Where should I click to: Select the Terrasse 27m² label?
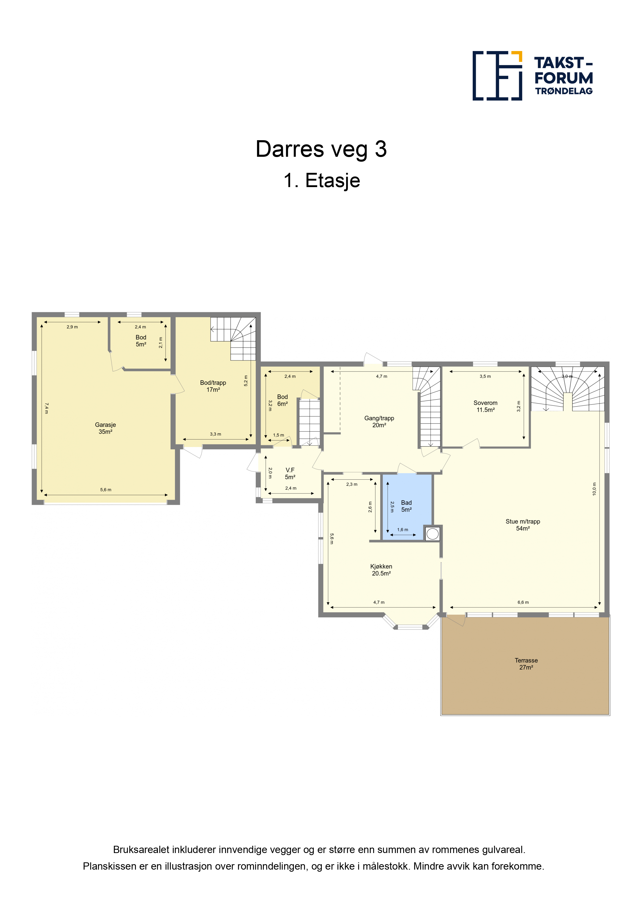[526, 664]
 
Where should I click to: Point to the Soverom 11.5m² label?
[485, 406]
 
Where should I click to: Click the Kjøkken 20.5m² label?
[381, 570]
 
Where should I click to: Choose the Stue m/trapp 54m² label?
[523, 525]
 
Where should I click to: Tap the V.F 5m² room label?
[290, 473]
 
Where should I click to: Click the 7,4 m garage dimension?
[47, 408]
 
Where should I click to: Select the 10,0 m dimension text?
[594, 489]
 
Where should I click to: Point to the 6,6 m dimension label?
[523, 602]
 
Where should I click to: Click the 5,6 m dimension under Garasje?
[106, 490]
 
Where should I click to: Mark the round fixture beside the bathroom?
[432, 534]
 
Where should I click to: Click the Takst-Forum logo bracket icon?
[497, 76]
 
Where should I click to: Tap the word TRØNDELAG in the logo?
[564, 91]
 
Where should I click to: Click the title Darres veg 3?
[321, 149]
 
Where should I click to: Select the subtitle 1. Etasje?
[322, 181]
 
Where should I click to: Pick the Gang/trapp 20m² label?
[379, 422]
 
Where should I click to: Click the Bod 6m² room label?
[282, 400]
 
